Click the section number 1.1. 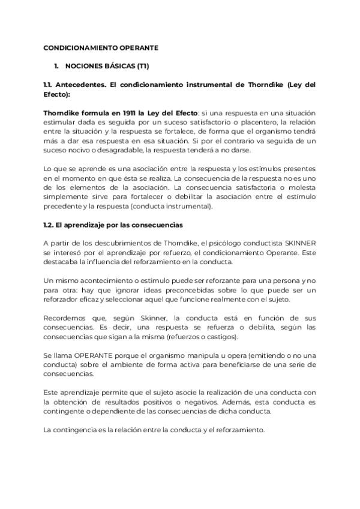(49, 85)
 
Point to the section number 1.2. (49, 224)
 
